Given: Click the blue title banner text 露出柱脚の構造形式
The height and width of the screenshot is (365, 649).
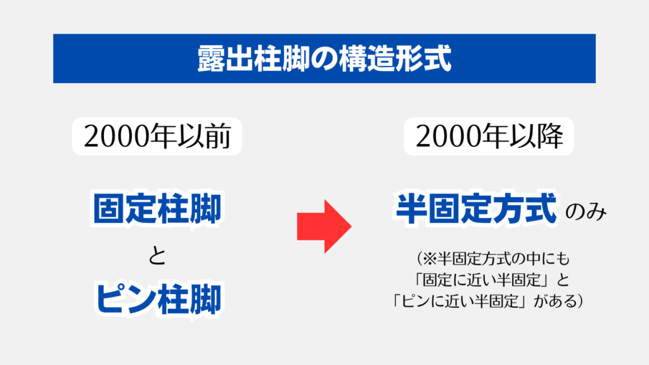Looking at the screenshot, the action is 324,58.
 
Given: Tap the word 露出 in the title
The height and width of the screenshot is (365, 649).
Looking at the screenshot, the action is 225,58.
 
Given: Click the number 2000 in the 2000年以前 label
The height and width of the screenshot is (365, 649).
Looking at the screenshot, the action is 117,136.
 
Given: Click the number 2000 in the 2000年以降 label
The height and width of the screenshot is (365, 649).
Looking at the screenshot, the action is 449,136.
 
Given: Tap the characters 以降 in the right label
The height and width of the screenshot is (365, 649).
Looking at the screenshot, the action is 536,136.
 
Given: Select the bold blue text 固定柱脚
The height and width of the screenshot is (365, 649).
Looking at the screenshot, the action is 157,208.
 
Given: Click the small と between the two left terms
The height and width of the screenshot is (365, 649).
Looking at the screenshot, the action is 157,256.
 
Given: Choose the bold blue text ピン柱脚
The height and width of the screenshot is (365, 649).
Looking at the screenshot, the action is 158,299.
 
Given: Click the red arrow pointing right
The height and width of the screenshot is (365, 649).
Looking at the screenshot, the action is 324,226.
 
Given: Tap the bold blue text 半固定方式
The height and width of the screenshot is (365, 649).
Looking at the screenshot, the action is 476,208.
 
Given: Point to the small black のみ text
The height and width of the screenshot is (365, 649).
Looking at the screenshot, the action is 586,212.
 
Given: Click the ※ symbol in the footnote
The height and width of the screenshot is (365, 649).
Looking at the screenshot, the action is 430,259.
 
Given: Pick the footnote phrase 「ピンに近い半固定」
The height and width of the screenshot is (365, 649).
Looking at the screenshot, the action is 461,301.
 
